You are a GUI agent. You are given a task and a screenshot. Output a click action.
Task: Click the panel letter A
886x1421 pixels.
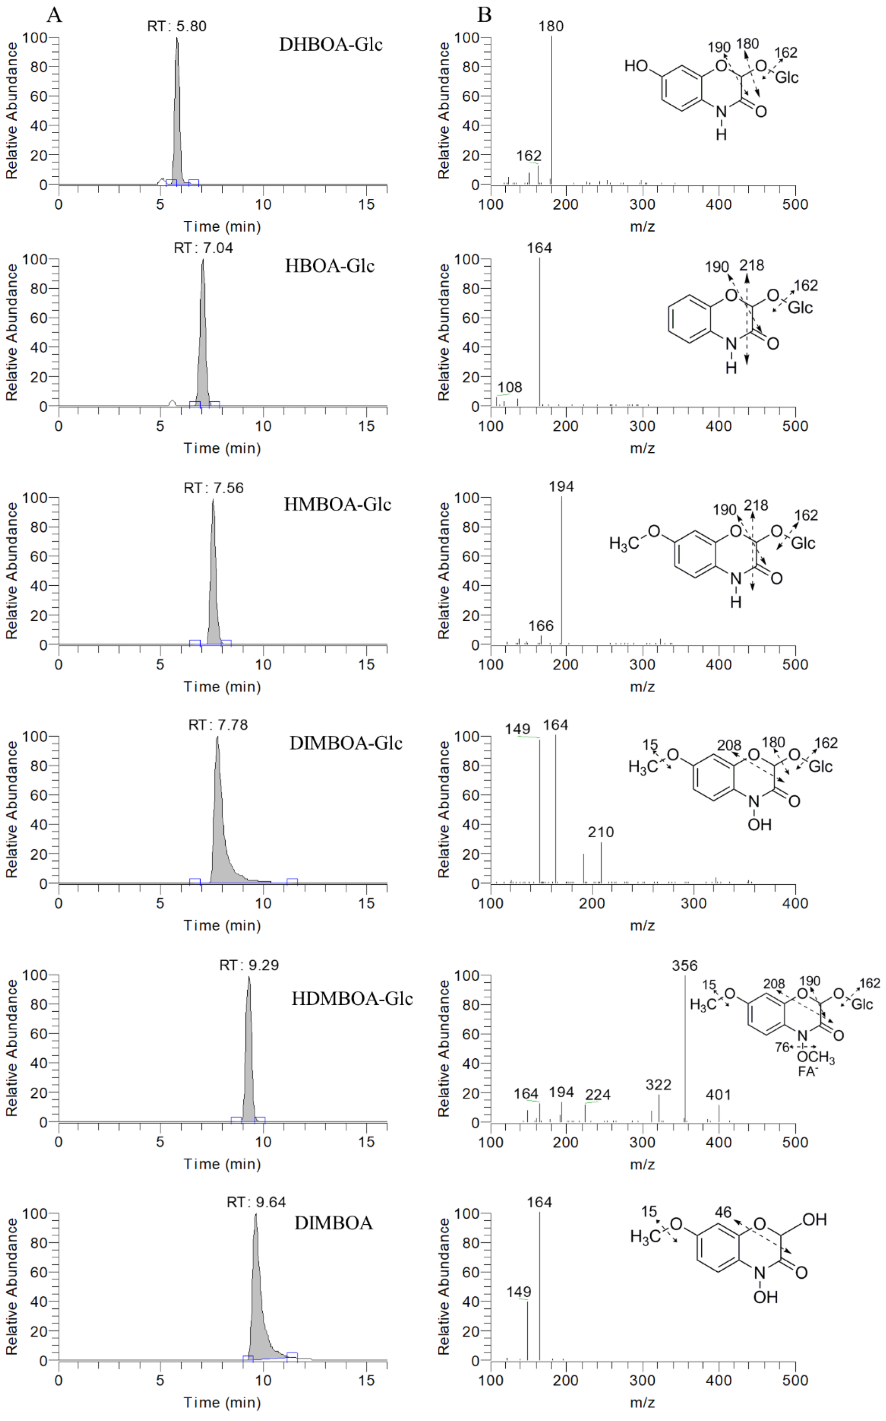54,15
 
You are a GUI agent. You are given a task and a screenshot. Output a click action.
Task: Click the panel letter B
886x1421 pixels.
484,15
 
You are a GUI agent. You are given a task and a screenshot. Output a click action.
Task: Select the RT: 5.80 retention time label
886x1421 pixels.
176,26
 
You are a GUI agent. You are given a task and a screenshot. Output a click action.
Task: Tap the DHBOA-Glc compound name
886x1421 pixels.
331,45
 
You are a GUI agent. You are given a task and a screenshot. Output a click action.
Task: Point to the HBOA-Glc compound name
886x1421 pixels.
329,266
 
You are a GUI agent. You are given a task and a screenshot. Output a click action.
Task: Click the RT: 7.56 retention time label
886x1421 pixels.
213,488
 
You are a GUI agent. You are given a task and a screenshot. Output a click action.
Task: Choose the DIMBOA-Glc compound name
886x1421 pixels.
346,743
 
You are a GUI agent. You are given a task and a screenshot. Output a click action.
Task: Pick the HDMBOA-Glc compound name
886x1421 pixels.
352,998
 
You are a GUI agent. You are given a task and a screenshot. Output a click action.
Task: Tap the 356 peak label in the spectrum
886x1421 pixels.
685,966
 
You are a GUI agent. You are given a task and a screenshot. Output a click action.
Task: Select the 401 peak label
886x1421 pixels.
718,1095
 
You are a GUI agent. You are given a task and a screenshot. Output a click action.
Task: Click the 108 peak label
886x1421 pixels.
510,387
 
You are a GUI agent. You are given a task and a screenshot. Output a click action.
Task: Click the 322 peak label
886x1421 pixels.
658,1085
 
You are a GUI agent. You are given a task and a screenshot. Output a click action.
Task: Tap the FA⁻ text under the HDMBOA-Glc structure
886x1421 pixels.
808,1071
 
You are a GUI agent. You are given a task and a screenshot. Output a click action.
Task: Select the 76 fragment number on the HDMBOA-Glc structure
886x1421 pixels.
782,1047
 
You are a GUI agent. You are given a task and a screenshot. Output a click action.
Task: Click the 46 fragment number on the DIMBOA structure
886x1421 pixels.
723,1212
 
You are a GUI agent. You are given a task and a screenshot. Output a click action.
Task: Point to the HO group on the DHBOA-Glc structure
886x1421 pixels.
636,66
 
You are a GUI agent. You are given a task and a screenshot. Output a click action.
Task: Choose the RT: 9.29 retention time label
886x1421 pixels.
249,965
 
